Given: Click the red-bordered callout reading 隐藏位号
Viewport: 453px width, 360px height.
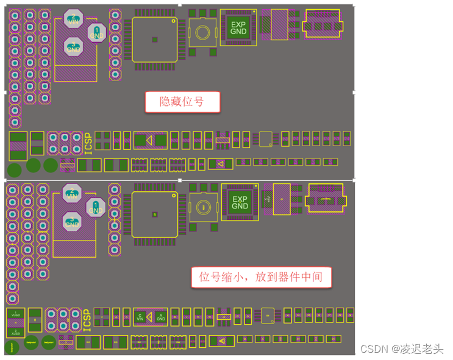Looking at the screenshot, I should (x=182, y=102).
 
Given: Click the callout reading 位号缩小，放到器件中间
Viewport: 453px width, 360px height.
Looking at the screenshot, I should (x=261, y=278).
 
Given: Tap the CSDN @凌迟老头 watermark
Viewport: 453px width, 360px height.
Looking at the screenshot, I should (x=402, y=348).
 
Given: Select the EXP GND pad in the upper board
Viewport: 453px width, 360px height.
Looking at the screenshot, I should (x=238, y=28).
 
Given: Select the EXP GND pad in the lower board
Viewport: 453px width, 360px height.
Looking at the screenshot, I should (x=240, y=202).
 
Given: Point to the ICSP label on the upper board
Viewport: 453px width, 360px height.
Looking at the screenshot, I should (x=88, y=144).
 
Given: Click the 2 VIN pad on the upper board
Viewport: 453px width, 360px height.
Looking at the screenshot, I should (x=73, y=18).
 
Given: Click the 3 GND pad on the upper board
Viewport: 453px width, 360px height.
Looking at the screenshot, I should (x=73, y=46).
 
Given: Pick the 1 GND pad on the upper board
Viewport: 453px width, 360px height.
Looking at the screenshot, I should (x=96, y=33).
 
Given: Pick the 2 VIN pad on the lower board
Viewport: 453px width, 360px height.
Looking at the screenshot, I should (x=72, y=194).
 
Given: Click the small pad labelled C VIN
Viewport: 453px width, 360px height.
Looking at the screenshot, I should (x=140, y=317).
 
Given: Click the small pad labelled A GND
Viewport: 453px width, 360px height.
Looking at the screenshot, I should (x=160, y=317).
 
